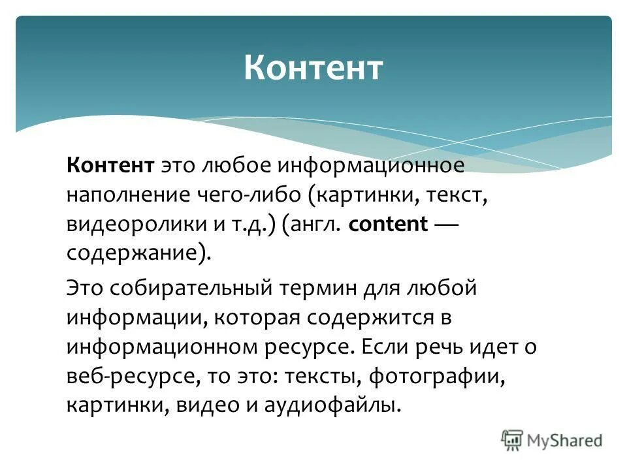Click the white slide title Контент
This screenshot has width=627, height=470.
313,69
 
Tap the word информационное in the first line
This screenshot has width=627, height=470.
370,165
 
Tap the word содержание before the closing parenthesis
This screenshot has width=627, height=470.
133,253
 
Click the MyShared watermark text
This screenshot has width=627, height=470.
566,440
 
